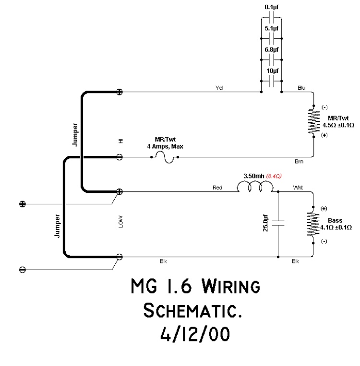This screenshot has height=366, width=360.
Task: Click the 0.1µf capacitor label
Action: (272, 7)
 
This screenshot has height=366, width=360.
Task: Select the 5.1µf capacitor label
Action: (272, 29)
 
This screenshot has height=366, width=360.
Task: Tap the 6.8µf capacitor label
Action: (272, 50)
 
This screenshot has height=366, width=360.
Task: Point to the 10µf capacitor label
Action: (272, 71)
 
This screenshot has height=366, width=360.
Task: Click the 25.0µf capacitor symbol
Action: (278, 223)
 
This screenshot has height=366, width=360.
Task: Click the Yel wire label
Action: (220, 88)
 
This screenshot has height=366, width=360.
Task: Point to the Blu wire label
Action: (301, 88)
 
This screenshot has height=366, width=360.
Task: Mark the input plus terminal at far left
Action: (22, 204)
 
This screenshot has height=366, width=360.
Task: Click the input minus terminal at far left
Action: (22, 269)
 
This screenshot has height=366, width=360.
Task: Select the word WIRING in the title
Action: (227, 288)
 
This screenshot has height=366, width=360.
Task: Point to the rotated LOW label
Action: (120, 223)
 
